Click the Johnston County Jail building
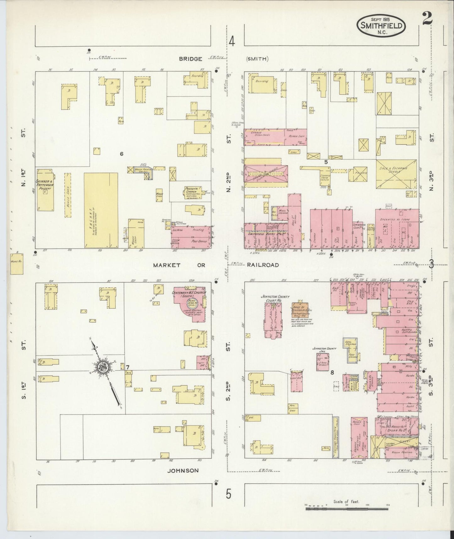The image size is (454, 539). click(x=323, y=362)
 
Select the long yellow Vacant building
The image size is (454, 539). click(x=101, y=210)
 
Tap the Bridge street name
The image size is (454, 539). click(x=190, y=59)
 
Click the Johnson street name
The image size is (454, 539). click(x=183, y=470)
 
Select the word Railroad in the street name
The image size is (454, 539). click(x=263, y=265)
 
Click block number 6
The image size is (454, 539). click(x=122, y=153)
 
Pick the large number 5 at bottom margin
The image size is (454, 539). click(x=228, y=494)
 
